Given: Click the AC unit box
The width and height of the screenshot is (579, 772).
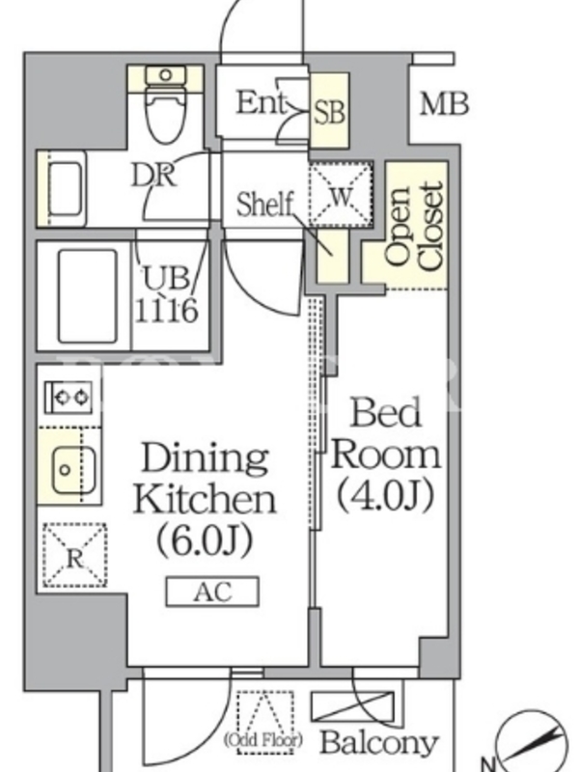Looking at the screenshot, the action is click(x=212, y=592).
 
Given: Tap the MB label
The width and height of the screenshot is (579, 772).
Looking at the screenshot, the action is click(x=444, y=104).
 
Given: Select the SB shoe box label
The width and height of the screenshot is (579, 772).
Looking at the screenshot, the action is click(x=330, y=112).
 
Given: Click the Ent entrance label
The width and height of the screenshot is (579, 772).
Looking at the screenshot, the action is click(x=261, y=102).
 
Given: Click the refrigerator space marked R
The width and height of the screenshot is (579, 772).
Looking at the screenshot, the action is click(x=75, y=556).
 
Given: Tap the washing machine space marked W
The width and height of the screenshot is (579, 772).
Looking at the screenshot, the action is click(x=341, y=194).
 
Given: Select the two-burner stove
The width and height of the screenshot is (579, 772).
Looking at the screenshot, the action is click(x=69, y=397).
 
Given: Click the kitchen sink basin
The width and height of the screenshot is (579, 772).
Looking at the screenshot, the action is click(x=74, y=470).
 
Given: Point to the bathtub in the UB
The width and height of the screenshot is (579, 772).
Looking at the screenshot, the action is click(x=88, y=296).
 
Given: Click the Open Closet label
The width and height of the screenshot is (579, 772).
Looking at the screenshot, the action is click(x=414, y=227).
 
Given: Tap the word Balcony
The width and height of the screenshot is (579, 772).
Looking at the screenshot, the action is click(x=379, y=742).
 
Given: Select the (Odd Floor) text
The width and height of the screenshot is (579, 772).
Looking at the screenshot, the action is click(x=263, y=739).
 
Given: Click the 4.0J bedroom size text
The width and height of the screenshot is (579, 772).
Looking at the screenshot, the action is click(x=385, y=494).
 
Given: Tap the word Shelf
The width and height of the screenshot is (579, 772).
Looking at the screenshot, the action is click(x=264, y=205).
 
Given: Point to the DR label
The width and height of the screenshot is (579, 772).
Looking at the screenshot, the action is click(x=153, y=175).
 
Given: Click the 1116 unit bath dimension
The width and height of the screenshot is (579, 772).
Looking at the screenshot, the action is click(x=166, y=310).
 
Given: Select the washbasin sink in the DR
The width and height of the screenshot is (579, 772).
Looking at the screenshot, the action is click(x=64, y=188).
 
